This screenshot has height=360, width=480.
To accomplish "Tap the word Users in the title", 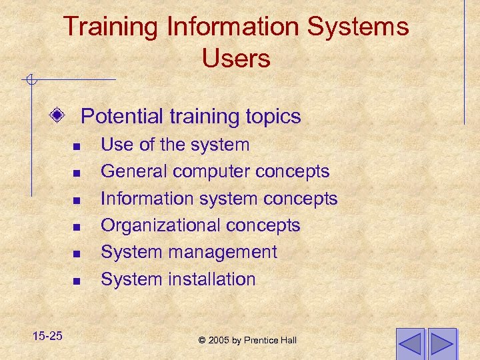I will (x=236, y=59).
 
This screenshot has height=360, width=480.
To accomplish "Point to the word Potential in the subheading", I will (x=121, y=117).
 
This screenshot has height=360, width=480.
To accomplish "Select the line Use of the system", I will (x=175, y=145).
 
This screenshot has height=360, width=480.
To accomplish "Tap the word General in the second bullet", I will (x=134, y=171).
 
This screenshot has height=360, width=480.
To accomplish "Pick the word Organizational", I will (x=161, y=225).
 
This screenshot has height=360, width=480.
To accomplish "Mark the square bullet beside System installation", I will (x=77, y=281).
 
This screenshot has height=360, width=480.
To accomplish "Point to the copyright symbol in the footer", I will (x=202, y=341).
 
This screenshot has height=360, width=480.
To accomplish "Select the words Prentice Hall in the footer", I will (x=270, y=341).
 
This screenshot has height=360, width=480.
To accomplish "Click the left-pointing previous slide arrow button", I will (x=410, y=344).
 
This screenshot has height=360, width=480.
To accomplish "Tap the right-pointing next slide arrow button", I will (x=441, y=344).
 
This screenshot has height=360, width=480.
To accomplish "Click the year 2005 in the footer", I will (x=219, y=341).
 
